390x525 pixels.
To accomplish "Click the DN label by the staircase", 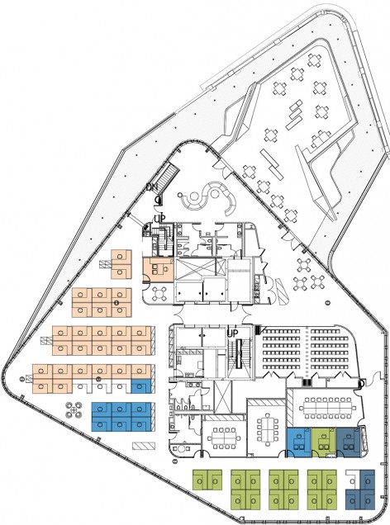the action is click(152, 187).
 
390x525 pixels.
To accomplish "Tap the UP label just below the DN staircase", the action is click(160, 219).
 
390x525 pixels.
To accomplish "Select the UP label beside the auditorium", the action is click(233, 333).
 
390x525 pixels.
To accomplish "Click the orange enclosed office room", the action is click(159, 269).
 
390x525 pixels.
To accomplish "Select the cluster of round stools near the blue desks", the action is click(74, 409).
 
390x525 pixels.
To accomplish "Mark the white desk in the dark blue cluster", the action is click(353, 477).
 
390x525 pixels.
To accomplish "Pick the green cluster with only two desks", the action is click(207, 480).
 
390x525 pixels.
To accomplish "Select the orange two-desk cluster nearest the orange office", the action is click(121, 264).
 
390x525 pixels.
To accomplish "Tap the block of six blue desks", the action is click(121, 417).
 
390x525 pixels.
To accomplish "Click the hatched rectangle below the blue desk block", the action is click(144, 446).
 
